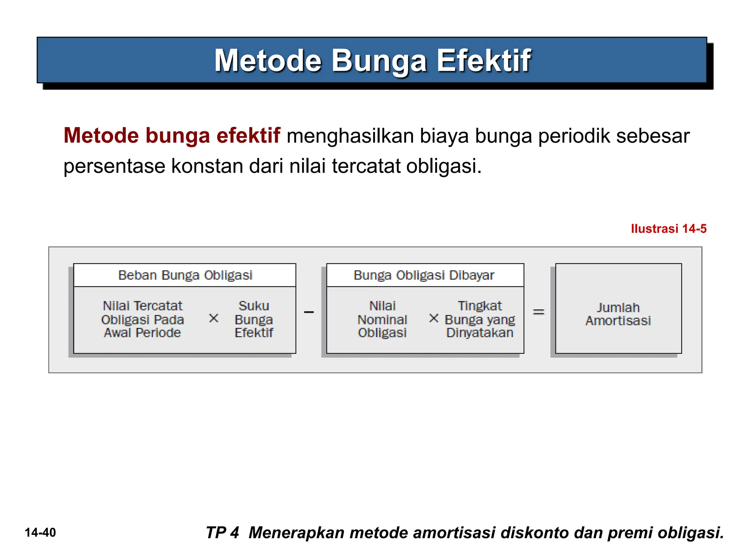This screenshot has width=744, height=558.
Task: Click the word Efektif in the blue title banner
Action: coord(484,61)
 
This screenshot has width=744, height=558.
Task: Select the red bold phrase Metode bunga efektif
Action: coord(172,136)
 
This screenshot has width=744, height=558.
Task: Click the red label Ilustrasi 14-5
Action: coord(668,229)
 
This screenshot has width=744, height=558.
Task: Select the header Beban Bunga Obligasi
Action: coord(185,275)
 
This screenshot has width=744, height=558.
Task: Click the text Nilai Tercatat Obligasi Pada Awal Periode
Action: coord(142,319)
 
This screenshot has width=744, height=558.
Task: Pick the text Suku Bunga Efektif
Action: coord(254,319)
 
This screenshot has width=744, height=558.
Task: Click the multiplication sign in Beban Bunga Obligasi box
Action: coord(214,318)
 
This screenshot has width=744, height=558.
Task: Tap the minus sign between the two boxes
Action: coord(309,312)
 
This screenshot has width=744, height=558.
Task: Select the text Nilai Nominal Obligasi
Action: coord(382,319)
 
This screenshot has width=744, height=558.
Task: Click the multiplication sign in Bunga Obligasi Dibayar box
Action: coord(433,318)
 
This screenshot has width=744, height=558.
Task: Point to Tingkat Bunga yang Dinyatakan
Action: coord(480,319)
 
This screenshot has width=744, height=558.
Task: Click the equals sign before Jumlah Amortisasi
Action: coord(538,312)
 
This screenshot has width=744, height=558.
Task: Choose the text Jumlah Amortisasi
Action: coord(618,314)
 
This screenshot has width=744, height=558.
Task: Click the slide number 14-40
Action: coord(40,533)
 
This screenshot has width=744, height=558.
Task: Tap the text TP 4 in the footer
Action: coord(222,533)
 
